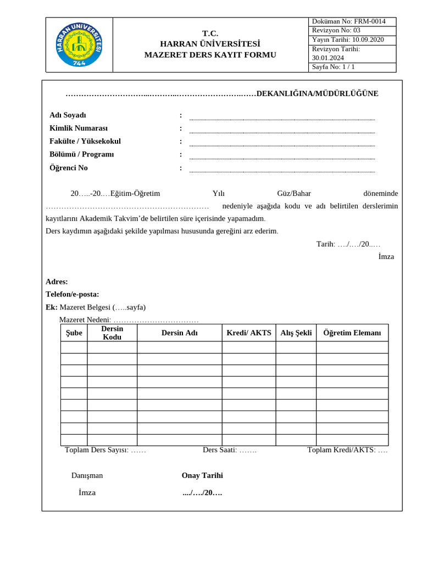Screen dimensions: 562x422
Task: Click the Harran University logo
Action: tap(79, 44)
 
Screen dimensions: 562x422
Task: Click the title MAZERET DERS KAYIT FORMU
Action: tap(210, 55)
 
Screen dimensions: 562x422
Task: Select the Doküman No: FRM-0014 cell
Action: tap(352, 21)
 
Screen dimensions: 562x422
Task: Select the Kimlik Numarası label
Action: tap(79, 128)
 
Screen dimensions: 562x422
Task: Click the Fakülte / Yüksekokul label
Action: tap(85, 141)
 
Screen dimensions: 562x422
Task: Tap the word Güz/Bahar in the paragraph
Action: tap(294, 193)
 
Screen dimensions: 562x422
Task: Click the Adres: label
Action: tap(57, 282)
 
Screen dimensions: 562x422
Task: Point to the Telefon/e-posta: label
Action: tap(72, 294)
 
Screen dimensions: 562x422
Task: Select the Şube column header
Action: tap(74, 333)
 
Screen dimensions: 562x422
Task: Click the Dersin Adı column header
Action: tap(180, 333)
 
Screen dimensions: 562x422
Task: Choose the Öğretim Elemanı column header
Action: tap(352, 333)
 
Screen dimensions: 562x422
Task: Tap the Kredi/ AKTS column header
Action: tap(249, 333)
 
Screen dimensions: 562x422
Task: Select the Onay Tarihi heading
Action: tap(202, 475)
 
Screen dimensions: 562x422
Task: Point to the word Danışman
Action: tap(87, 475)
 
